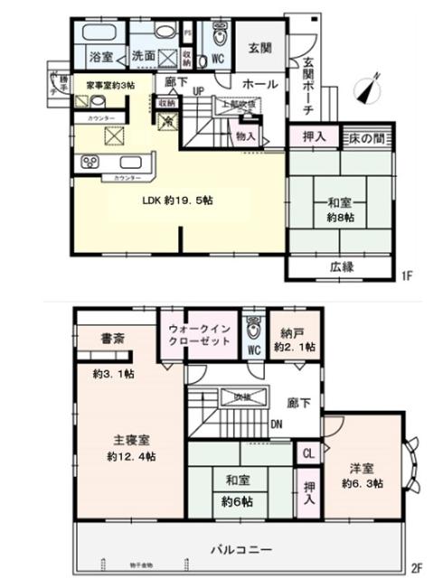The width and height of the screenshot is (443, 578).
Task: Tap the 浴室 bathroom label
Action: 100,57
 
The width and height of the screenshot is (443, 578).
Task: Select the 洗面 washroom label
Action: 144,57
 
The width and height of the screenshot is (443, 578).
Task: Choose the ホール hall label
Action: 261,83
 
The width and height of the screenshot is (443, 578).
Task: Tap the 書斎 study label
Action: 100,339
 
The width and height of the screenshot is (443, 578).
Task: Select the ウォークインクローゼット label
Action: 197,336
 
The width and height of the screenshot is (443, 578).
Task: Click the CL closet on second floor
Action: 308,452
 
